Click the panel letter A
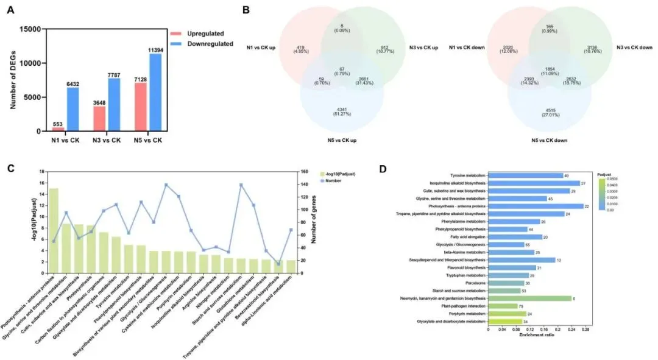pos(12,10)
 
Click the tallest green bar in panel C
pos(54,231)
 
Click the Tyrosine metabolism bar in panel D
pos(525,175)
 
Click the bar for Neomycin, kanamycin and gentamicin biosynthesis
pos(529,298)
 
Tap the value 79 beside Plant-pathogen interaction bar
pos(522,306)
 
